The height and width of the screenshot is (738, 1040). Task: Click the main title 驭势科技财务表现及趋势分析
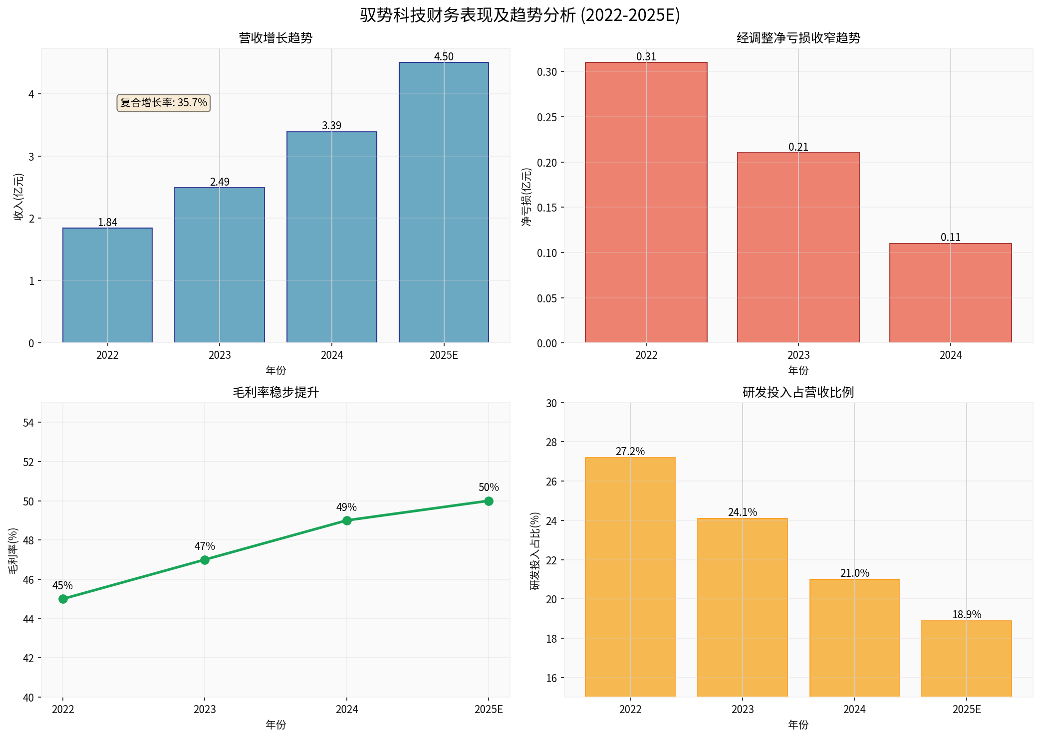[x=520, y=15]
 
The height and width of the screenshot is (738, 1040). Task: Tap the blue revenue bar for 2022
[x=107, y=285]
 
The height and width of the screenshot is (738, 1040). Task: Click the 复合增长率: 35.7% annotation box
[x=163, y=103]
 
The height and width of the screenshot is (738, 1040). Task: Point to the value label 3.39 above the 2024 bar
[x=331, y=125]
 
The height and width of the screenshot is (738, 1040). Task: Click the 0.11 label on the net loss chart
[x=950, y=237]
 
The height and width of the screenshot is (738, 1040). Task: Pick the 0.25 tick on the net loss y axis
[x=546, y=117]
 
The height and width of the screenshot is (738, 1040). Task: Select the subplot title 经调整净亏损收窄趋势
[x=798, y=38]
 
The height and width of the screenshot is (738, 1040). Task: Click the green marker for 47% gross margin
[x=205, y=560]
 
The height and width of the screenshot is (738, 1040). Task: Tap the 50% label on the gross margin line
[x=488, y=487]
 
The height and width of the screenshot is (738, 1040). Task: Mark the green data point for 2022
[x=63, y=599]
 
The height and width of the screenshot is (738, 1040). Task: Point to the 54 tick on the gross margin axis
[x=28, y=423]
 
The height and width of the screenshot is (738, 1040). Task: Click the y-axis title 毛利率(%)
[x=13, y=550]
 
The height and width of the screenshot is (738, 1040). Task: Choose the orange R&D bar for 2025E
[x=966, y=658]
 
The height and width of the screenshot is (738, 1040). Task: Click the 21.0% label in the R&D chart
[x=854, y=573]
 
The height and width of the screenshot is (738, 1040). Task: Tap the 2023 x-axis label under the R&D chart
[x=742, y=709]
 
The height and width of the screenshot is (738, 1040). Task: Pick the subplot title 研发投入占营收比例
[x=798, y=392]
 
